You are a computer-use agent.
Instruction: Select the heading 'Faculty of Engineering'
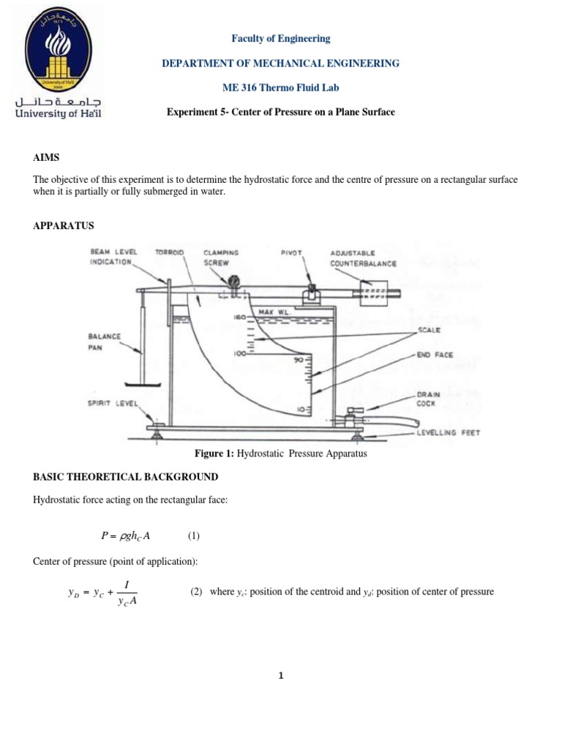click(281, 39)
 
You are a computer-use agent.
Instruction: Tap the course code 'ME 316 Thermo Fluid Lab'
click(281, 88)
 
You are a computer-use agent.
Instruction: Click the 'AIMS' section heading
click(45, 158)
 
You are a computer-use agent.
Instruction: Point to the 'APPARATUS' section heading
click(64, 225)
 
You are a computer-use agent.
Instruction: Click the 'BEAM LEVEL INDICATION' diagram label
click(113, 256)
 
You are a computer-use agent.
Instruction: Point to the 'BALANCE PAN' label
click(105, 341)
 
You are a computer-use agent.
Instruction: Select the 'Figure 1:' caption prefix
click(213, 453)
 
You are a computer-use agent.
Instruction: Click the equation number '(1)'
click(193, 536)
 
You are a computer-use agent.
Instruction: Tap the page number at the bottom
click(281, 676)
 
